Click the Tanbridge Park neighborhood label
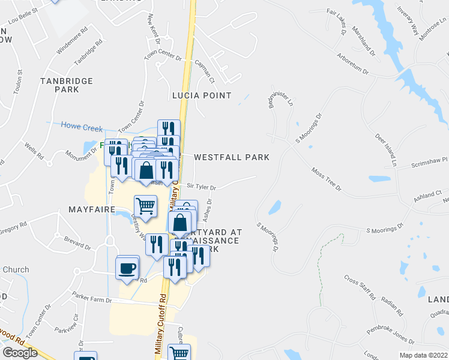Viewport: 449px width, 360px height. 58,85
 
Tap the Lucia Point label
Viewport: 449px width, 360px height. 201,95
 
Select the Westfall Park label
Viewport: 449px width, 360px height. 231,157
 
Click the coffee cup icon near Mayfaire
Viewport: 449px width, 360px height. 127,268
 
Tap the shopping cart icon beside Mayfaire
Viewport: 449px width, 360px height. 146,207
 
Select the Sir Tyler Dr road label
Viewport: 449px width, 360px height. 201,187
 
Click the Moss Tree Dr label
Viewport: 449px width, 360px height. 326,180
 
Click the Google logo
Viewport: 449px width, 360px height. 20,353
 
